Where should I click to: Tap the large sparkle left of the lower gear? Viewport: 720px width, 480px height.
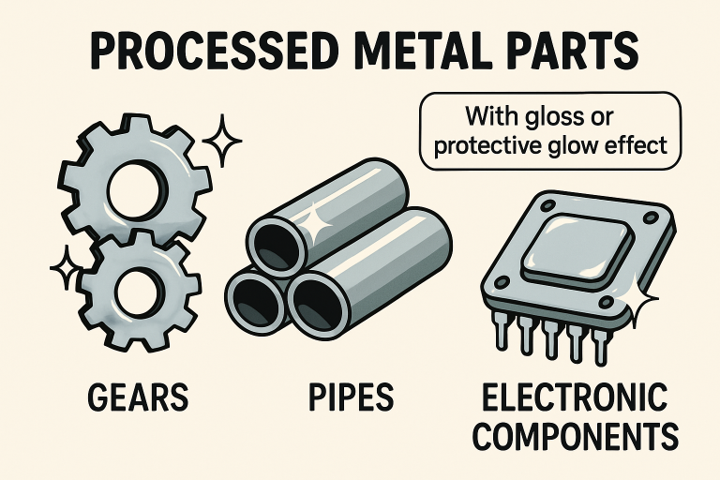coord(67,270)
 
